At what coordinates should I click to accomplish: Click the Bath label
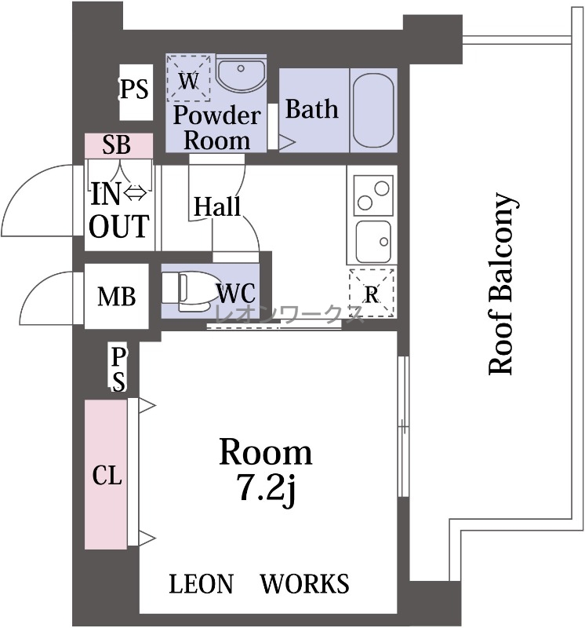click(x=311, y=109)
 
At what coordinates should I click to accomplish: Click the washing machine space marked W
click(x=188, y=78)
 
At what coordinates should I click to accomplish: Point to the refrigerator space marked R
click(x=372, y=294)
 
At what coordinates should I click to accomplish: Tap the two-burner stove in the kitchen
click(x=372, y=195)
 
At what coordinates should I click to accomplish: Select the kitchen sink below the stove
click(x=373, y=242)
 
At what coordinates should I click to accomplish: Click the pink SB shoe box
click(x=119, y=145)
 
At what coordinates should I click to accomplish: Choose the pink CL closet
click(x=106, y=474)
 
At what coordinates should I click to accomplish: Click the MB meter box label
click(x=116, y=297)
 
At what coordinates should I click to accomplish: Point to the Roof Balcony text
click(x=501, y=284)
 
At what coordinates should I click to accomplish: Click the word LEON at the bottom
click(x=201, y=583)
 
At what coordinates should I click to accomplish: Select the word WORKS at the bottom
click(x=304, y=583)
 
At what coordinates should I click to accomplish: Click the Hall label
click(x=217, y=206)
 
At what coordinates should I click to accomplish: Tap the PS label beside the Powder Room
click(x=134, y=89)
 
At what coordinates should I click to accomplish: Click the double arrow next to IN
click(x=136, y=194)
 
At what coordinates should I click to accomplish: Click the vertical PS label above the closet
click(x=118, y=369)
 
